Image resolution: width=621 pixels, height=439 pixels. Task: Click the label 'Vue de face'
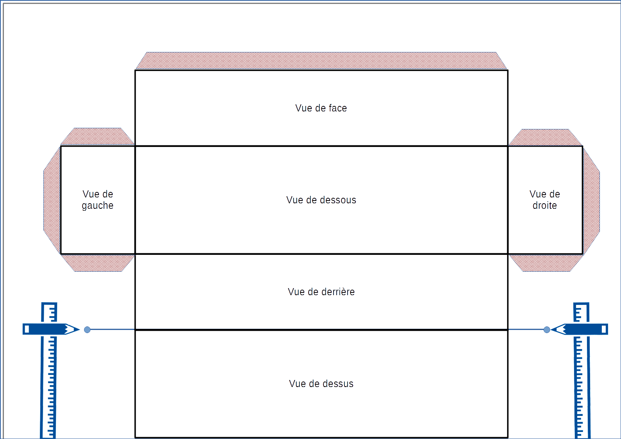point(321,108)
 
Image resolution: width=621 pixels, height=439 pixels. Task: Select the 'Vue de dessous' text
point(321,200)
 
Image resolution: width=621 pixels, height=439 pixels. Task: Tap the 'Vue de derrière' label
point(321,292)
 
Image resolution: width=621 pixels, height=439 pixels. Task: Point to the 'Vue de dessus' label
point(321,384)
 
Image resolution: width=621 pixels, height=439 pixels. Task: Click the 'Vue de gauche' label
point(98,200)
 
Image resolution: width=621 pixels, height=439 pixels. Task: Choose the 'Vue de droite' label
point(544,200)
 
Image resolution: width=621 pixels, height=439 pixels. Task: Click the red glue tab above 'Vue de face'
point(321,61)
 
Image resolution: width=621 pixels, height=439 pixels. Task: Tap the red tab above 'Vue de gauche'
point(97,136)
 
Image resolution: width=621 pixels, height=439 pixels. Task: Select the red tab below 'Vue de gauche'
point(97,263)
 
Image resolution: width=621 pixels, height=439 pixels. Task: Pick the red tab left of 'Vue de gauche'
point(52,200)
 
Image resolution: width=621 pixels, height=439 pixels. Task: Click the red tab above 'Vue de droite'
point(545,137)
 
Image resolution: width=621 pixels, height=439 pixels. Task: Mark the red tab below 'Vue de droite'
point(545,263)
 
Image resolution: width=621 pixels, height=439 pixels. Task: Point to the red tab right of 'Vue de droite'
point(591,200)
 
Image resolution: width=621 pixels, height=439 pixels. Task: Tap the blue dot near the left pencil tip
point(87,330)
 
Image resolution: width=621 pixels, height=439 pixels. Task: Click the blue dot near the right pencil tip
point(547,330)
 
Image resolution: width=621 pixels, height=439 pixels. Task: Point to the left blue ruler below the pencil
point(48,387)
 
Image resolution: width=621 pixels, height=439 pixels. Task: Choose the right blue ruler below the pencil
point(582,387)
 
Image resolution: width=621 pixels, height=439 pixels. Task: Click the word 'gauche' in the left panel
point(98,206)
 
